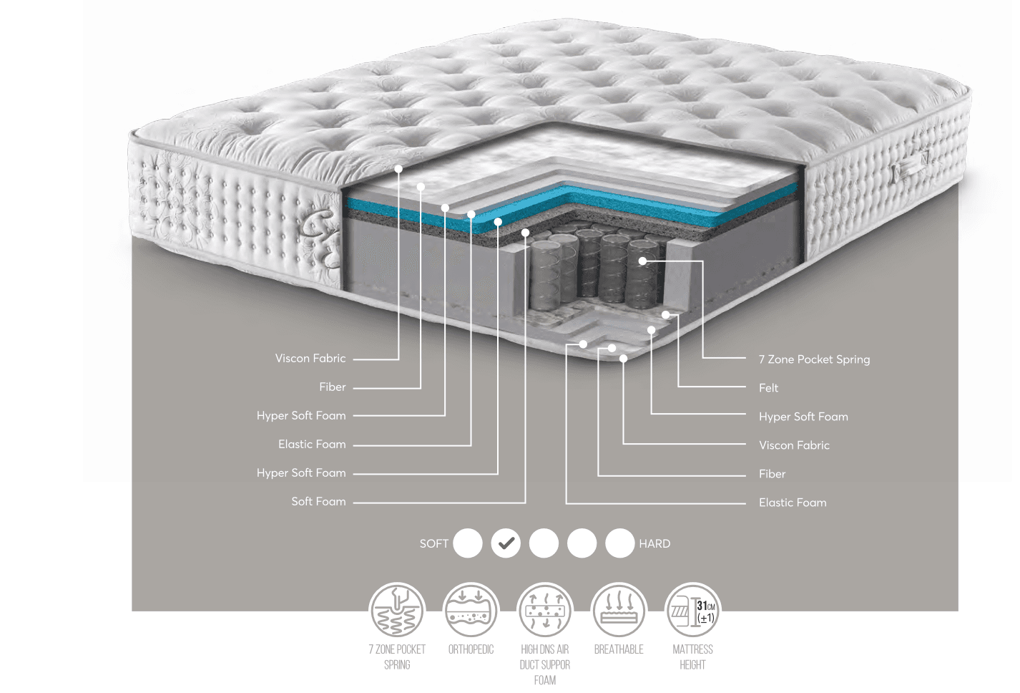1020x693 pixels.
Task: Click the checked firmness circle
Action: coord(506,543)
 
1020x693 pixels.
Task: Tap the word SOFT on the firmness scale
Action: coord(434,543)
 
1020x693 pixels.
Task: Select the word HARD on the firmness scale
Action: coord(654,543)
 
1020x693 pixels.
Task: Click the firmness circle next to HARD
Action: coord(619,543)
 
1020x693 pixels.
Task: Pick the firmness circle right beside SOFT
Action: coord(468,543)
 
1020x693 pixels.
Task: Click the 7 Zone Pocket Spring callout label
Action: coord(814,359)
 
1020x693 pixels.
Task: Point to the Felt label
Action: coord(769,388)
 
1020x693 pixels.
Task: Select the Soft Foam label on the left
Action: coord(318,502)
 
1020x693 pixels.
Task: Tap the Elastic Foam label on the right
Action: coord(793,503)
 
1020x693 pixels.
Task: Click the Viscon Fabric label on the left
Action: coord(310,358)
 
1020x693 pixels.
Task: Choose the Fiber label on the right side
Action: coord(772,474)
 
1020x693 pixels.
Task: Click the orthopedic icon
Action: coord(471,611)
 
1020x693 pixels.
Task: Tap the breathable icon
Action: coord(619,611)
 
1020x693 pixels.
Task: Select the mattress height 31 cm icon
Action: coord(692,611)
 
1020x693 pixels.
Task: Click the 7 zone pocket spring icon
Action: coord(397,611)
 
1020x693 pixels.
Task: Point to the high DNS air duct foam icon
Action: coord(544,611)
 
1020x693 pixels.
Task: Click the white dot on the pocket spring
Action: coord(642,261)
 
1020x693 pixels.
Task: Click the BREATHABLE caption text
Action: coord(619,649)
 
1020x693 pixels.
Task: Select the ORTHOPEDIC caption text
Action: coord(471,649)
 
